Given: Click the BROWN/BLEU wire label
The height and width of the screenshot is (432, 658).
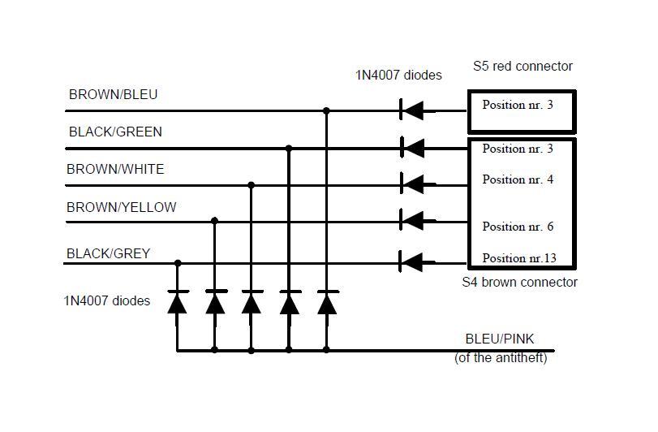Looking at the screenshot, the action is [x=114, y=94].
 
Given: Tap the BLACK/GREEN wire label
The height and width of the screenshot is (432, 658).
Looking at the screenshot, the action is [x=115, y=132].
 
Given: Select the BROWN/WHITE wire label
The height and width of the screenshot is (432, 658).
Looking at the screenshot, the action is [x=115, y=169].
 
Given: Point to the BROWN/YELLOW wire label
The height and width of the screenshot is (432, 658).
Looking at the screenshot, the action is [x=121, y=207].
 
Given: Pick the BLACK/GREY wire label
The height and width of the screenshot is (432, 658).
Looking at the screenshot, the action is [x=108, y=253].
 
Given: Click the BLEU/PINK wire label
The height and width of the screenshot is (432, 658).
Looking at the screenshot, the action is [x=500, y=339].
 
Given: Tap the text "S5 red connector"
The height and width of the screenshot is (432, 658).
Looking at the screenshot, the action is [x=523, y=67].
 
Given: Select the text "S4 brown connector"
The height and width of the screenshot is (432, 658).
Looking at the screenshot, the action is [x=519, y=282].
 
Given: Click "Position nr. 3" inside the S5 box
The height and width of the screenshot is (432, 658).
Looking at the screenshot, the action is [x=518, y=105].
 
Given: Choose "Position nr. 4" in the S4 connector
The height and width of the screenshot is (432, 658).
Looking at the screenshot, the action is [x=518, y=179].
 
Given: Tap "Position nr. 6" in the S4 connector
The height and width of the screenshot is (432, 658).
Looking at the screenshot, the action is [x=518, y=227].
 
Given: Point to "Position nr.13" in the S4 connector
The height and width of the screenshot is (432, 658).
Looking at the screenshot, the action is [x=519, y=257].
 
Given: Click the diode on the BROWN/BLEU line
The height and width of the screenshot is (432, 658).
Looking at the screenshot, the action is [x=411, y=110].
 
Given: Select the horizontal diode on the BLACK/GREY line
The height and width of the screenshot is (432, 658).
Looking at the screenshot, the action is [x=411, y=263].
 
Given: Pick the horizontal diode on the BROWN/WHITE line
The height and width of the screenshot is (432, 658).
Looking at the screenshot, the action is [x=413, y=184].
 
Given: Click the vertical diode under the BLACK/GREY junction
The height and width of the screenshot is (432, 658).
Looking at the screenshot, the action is [x=178, y=302].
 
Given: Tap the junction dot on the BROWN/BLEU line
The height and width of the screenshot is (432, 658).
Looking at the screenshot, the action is [x=326, y=110].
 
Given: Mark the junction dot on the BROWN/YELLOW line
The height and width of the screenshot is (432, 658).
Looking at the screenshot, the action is [x=214, y=221].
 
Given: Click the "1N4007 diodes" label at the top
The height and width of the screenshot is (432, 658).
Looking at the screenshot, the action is [x=398, y=76].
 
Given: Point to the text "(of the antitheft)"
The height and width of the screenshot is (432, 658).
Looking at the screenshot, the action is [x=501, y=357].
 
